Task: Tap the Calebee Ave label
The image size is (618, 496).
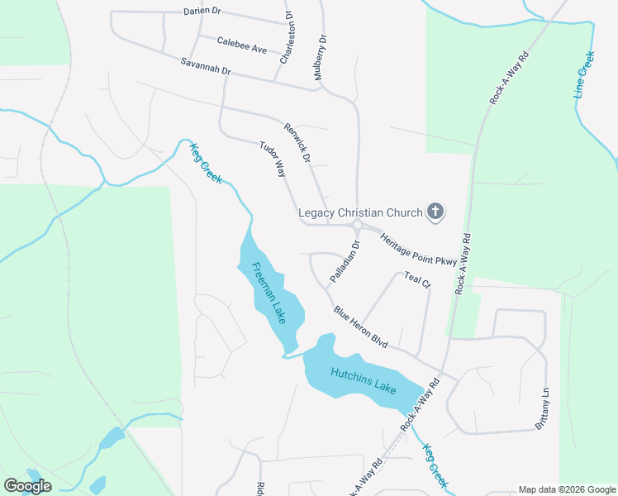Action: (x=242, y=45)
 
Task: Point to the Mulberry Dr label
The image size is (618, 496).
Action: (x=320, y=57)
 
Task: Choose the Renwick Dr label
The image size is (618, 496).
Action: (x=297, y=142)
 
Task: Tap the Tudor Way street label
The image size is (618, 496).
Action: (x=273, y=158)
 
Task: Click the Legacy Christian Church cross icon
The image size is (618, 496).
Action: (x=435, y=212)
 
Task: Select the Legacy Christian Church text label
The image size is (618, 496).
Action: (x=360, y=213)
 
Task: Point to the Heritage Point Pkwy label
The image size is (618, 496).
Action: (x=418, y=249)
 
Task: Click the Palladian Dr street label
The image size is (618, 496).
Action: (x=345, y=261)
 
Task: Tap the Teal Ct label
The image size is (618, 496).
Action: (x=417, y=280)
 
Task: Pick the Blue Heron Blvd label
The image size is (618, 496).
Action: (x=361, y=327)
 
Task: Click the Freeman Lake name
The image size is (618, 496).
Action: (x=269, y=293)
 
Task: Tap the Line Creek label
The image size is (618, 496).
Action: (x=584, y=76)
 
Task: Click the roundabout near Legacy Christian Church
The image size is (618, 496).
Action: (x=358, y=226)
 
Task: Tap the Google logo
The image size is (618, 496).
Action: (x=27, y=486)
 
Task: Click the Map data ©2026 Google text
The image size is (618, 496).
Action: (x=566, y=489)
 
